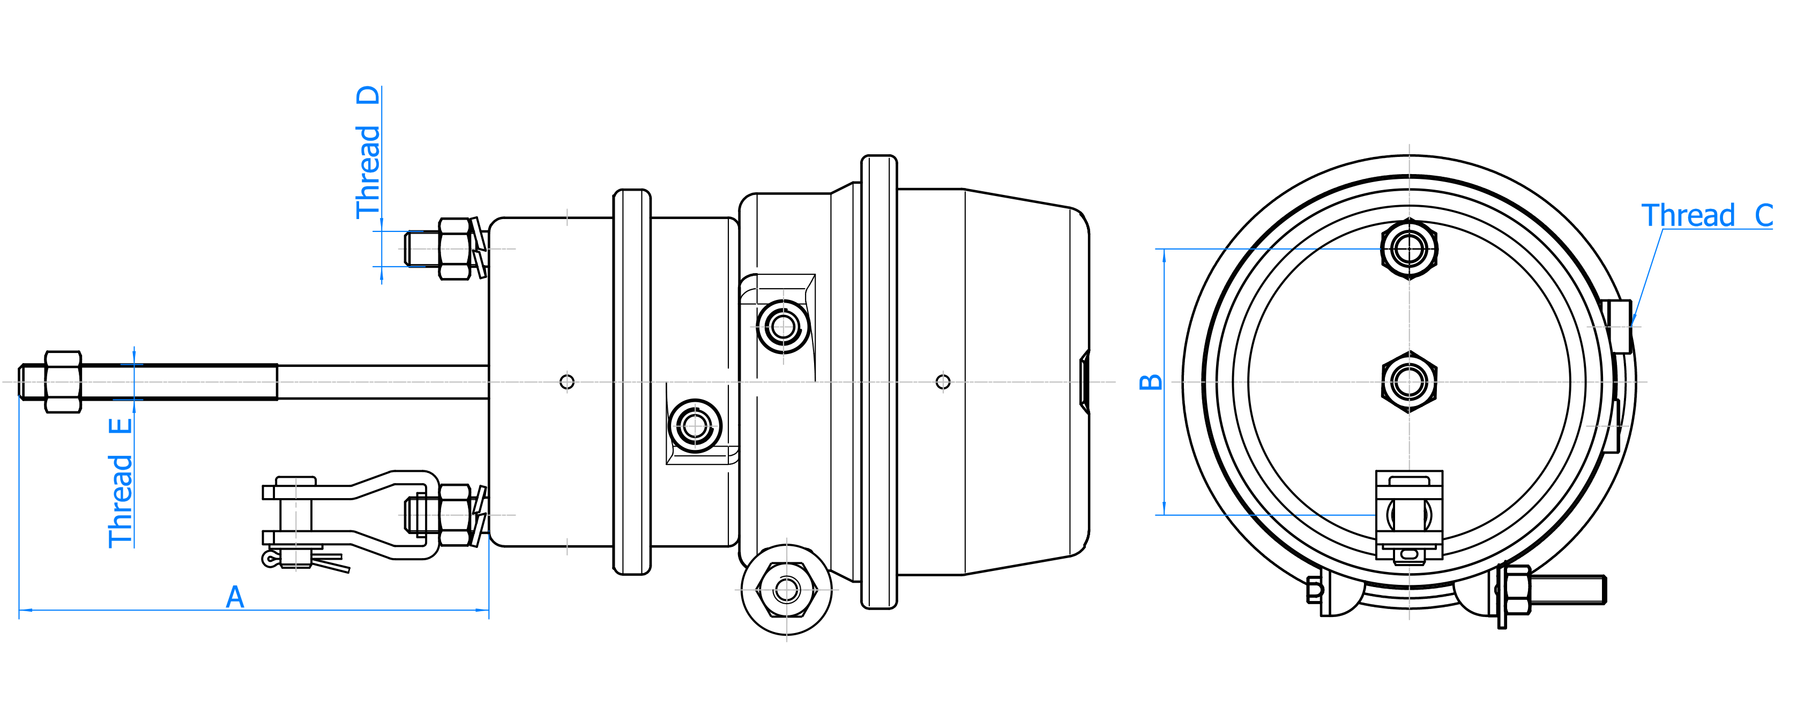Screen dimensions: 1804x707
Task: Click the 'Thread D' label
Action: click(x=368, y=153)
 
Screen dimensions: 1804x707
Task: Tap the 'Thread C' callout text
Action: click(x=1706, y=215)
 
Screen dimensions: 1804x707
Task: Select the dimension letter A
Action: click(x=235, y=597)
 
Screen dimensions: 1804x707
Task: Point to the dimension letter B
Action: click(x=1151, y=381)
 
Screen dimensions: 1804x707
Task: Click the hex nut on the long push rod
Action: click(x=63, y=381)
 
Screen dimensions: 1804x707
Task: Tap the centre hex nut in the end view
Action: click(x=1409, y=381)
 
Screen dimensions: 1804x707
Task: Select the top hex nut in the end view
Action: click(x=1409, y=249)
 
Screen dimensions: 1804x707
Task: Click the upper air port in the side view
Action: click(x=783, y=326)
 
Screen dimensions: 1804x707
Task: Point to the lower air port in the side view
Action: click(x=695, y=426)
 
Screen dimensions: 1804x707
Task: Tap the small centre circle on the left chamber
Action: click(x=567, y=381)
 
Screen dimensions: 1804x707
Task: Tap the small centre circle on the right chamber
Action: click(x=943, y=381)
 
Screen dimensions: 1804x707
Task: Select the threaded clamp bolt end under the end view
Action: click(x=1567, y=589)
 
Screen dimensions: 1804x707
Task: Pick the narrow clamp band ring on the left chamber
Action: click(x=632, y=381)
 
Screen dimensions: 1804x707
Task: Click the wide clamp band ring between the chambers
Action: click(x=879, y=381)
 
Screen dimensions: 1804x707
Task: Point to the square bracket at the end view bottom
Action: click(x=1409, y=515)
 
